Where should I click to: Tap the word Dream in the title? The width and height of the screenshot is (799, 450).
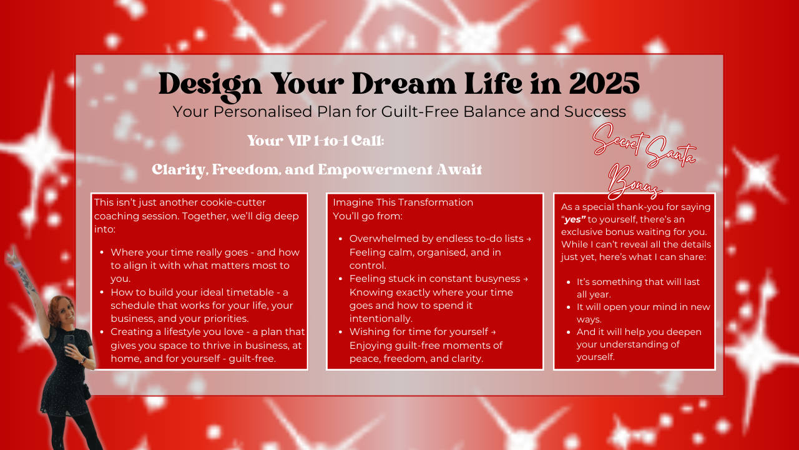tap(403, 84)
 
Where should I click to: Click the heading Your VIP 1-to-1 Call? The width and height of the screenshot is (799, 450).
tap(316, 141)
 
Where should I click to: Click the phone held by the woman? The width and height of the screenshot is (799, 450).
tap(69, 342)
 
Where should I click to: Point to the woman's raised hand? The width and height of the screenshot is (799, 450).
tap(13, 254)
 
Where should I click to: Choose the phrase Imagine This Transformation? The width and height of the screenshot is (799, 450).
tap(403, 202)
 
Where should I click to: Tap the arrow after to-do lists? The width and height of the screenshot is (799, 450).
tap(528, 239)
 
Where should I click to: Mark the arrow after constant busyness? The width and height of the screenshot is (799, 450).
tap(526, 279)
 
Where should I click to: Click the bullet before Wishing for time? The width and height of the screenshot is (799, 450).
tap(341, 332)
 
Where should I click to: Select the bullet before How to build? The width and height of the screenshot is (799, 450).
tap(102, 292)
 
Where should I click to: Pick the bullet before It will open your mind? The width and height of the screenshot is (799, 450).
tap(569, 307)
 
